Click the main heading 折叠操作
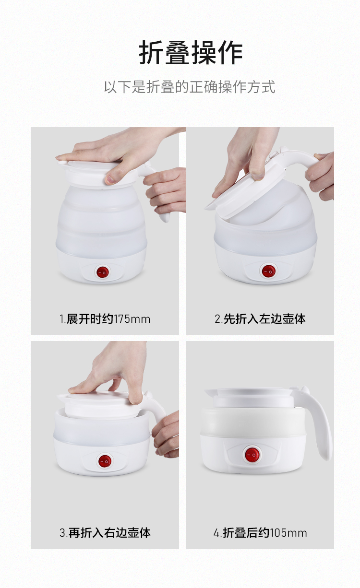pyautogui.click(x=191, y=53)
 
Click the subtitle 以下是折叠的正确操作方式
pyautogui.click(x=190, y=87)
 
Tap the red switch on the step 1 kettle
pyautogui.click(x=103, y=272)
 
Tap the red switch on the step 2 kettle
pyautogui.click(x=268, y=271)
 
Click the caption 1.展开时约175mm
pyautogui.click(x=105, y=319)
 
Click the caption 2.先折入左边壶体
pyautogui.click(x=260, y=319)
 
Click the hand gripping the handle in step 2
pyautogui.click(x=321, y=176)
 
